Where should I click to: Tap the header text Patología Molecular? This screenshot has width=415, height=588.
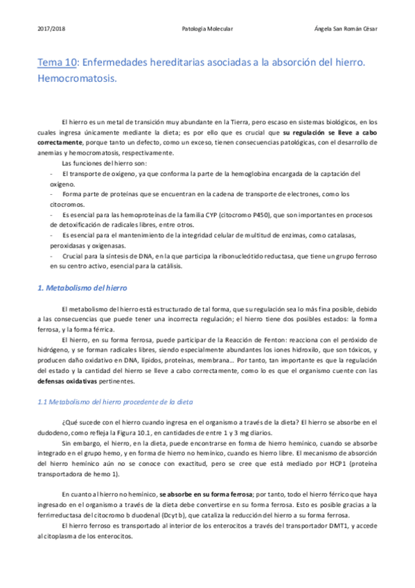(x=206, y=28)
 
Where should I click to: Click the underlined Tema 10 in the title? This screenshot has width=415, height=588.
(x=58, y=62)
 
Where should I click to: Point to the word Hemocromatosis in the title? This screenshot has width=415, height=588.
(x=77, y=78)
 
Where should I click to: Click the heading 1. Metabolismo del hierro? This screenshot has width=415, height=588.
(x=82, y=287)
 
